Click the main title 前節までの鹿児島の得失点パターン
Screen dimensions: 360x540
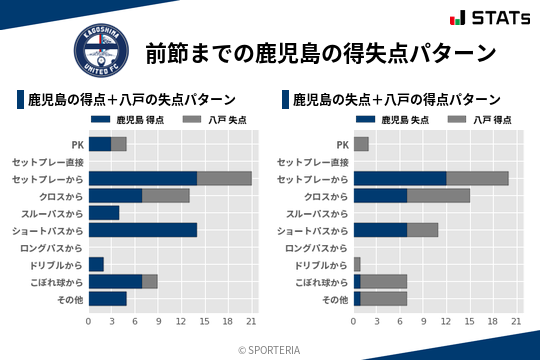tap(321, 52)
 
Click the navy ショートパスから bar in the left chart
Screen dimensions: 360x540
tap(143, 230)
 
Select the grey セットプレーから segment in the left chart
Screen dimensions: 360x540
tap(224, 178)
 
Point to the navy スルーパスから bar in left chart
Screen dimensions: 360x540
tap(104, 212)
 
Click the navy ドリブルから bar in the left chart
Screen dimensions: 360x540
tap(96, 264)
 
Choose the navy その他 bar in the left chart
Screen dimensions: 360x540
tap(108, 298)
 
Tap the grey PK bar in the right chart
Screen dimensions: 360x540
tap(361, 144)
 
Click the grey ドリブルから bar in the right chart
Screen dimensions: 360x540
tap(357, 264)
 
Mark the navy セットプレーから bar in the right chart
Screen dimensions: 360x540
tap(400, 178)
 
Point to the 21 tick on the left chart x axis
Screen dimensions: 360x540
tap(251, 321)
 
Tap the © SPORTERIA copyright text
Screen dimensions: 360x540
tap(270, 349)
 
